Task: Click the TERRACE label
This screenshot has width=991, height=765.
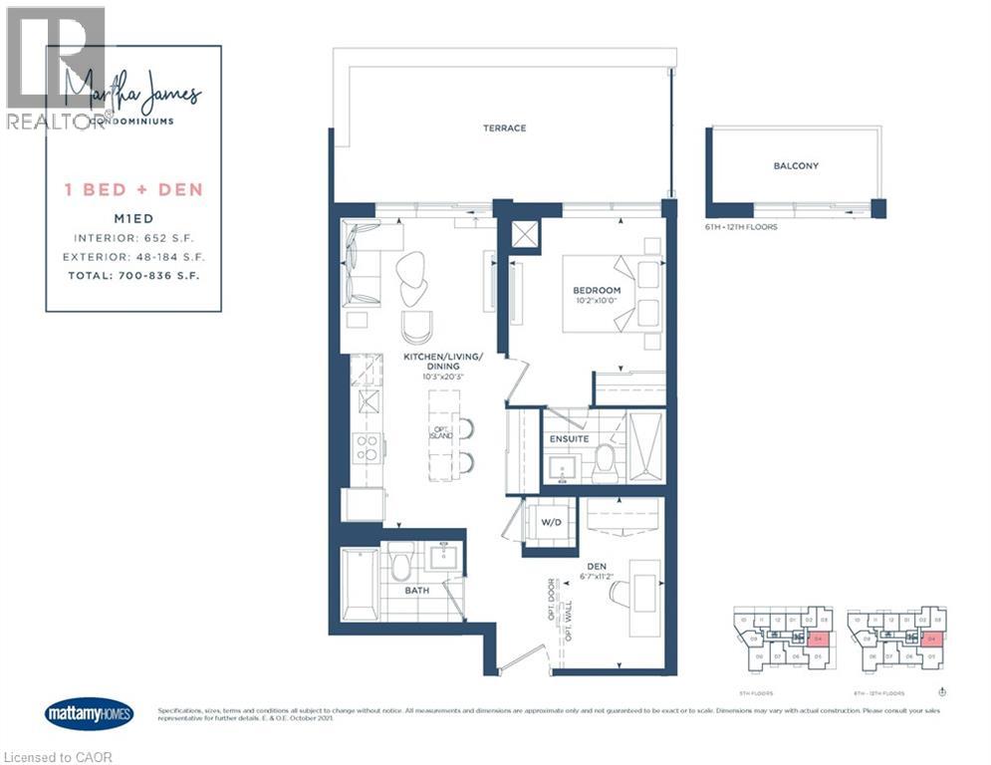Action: coord(504,127)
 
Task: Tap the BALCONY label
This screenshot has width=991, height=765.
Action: coord(796,165)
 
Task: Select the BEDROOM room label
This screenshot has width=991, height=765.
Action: coord(597,290)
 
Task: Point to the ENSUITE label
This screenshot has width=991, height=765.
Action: coord(568,438)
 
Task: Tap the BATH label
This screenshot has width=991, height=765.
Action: coord(417,590)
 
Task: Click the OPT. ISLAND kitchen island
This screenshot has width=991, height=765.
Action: coord(442,430)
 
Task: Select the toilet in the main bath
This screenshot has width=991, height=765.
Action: coord(402,564)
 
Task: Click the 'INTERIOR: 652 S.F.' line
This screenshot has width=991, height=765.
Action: coord(134,238)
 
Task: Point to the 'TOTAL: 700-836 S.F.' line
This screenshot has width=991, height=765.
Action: coord(134,274)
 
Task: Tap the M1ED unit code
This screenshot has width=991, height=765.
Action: coord(134,220)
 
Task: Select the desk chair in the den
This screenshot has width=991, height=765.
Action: coord(620,593)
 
